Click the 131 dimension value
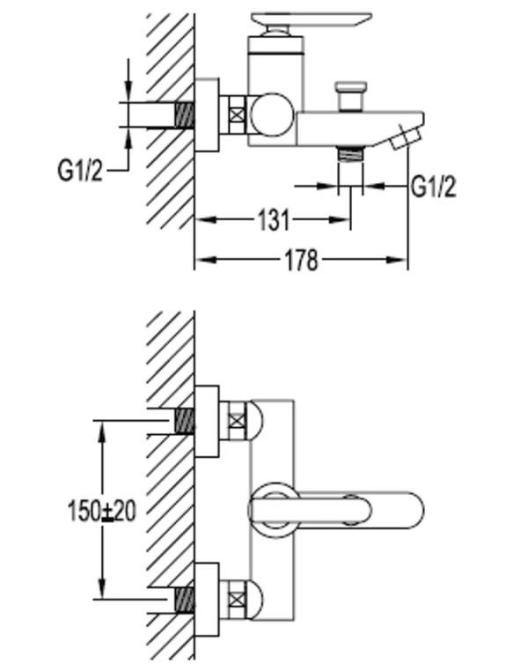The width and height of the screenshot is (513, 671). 274,220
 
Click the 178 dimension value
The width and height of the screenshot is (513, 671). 302,260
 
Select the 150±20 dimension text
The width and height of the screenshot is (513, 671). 102,511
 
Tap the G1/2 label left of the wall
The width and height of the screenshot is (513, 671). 80,170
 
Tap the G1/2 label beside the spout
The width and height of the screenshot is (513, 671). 433,187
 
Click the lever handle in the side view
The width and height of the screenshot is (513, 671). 311,19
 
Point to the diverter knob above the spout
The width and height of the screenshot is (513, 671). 351,95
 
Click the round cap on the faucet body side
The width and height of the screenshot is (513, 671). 272,114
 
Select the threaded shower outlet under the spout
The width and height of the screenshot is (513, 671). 350,153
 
